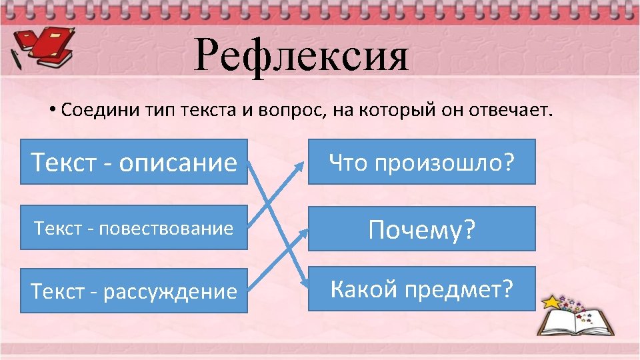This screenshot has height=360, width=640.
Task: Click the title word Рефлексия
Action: point(301,55)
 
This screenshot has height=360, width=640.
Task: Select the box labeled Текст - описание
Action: point(133,161)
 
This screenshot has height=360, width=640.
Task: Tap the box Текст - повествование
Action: point(133,229)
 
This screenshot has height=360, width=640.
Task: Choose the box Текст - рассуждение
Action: point(133,291)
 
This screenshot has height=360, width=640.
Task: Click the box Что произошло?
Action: point(421,161)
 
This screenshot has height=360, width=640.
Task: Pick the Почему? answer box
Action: point(421,229)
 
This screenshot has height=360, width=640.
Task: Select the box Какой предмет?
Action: point(421,289)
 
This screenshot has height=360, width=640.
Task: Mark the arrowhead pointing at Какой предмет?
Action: point(303,283)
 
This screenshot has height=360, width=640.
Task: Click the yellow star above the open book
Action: point(552,302)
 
